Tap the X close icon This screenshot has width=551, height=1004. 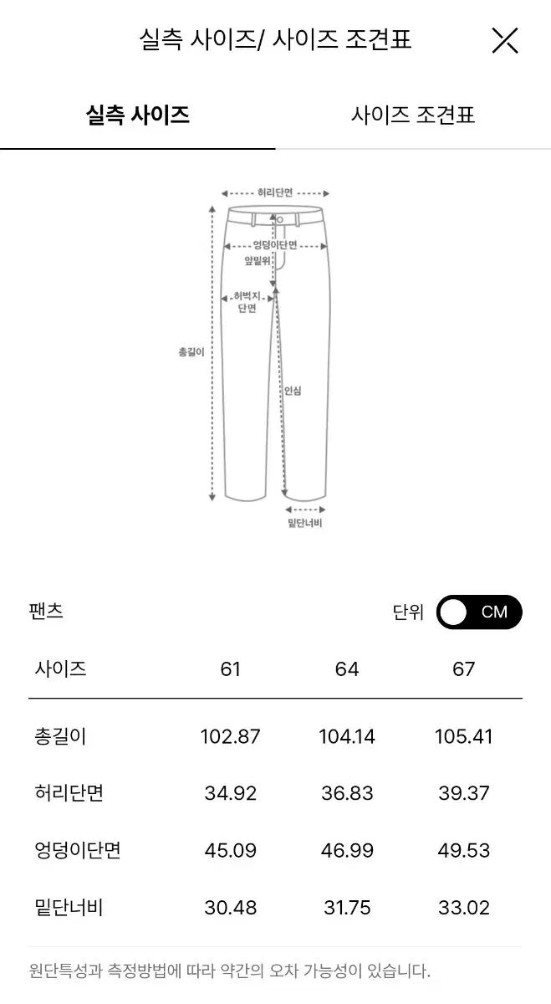click(x=505, y=40)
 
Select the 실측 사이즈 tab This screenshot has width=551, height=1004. click(x=137, y=115)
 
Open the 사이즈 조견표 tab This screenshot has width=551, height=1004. click(x=412, y=115)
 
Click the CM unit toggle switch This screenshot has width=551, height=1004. click(x=479, y=612)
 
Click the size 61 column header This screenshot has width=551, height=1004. click(x=230, y=669)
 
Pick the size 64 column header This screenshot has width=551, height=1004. click(x=347, y=669)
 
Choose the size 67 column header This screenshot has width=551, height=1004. click(x=464, y=669)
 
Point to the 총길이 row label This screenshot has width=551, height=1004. click(x=60, y=736)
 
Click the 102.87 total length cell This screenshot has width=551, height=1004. click(x=230, y=736)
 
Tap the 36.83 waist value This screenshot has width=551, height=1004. click(x=347, y=793)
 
